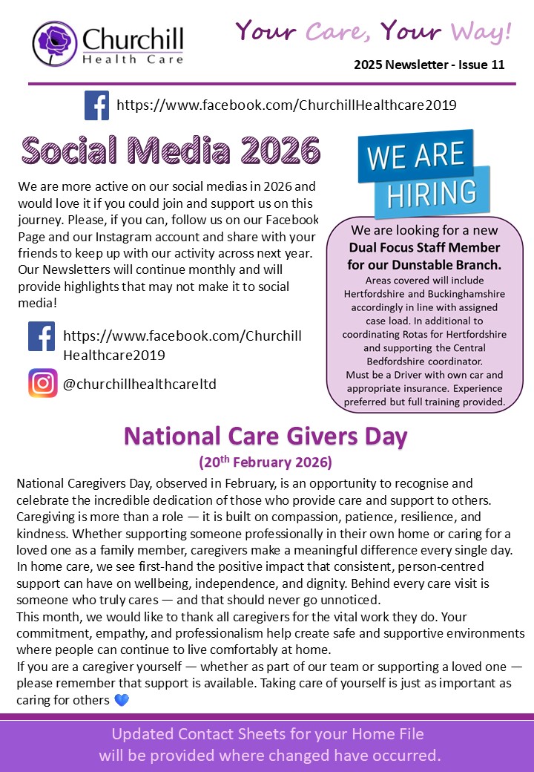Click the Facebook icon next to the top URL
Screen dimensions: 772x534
96,105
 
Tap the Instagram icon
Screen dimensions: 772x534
43,383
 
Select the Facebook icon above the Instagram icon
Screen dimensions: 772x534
42,336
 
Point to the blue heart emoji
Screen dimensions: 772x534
122,700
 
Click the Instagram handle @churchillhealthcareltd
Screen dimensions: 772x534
139,384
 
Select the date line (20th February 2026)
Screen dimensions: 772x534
266,462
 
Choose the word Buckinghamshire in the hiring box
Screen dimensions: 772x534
458,294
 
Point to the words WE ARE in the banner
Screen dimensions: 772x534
415,155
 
